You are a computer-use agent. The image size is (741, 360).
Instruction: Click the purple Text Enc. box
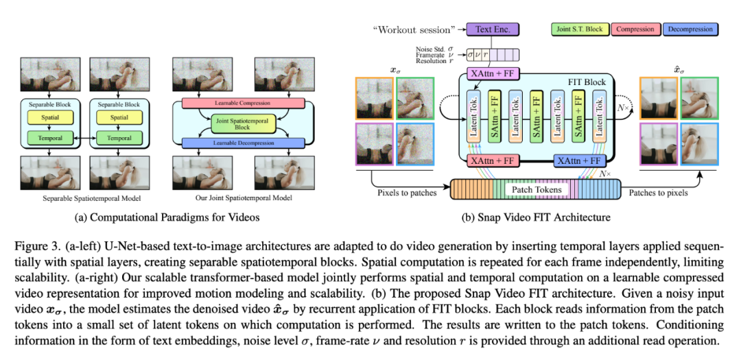[x=493, y=29]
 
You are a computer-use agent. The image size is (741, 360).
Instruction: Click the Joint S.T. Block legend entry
[x=581, y=29]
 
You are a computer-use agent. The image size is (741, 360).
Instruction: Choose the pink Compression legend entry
[x=635, y=29]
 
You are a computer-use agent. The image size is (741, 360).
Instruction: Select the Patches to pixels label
[x=659, y=193]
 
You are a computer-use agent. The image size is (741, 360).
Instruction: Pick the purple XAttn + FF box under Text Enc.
[x=493, y=73]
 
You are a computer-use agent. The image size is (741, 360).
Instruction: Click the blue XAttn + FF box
[x=581, y=160]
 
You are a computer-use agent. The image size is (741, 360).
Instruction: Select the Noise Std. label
[x=432, y=48]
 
